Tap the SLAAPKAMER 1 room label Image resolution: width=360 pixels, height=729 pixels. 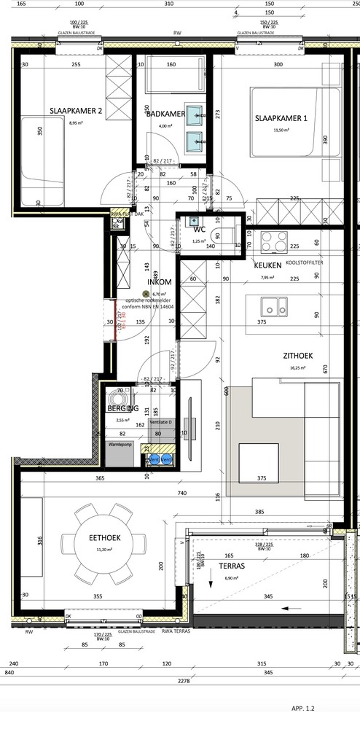pyautogui.click(x=281, y=118)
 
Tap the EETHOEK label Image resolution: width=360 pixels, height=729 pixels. pyautogui.click(x=104, y=537)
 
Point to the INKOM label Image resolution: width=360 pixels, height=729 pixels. pyautogui.click(x=160, y=281)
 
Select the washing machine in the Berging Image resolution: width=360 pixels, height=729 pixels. pyautogui.click(x=117, y=400)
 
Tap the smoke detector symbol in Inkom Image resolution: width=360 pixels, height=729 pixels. pyautogui.click(x=145, y=294)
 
